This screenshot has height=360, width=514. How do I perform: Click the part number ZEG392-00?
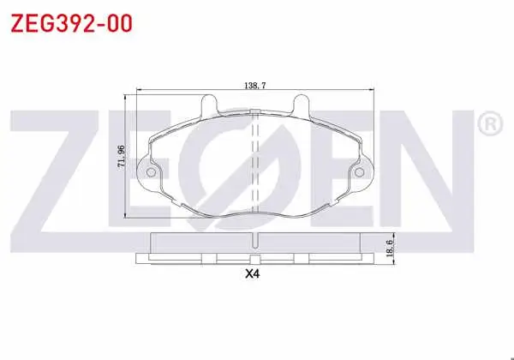(71, 23)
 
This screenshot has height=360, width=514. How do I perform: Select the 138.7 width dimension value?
(255, 86)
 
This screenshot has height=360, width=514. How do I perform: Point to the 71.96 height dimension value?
(122, 157)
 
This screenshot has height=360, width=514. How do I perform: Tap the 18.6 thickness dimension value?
(389, 248)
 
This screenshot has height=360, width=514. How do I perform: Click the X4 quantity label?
(253, 273)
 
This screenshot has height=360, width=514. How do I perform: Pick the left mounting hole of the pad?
(151, 172)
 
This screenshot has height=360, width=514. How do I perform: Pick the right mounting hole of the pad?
(359, 172)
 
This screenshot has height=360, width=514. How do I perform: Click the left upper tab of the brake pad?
(209, 105)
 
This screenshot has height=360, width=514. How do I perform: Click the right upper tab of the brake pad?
(301, 105)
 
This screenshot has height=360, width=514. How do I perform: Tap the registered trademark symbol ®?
(490, 123)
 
